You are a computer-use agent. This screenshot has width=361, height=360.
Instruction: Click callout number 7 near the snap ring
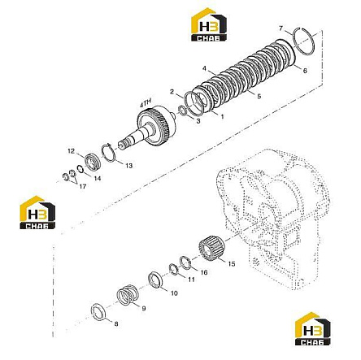pos(281,28)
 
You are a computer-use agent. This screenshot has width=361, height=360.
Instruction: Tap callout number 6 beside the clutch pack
pos(305,71)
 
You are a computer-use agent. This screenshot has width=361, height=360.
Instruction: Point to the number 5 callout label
pos(259,96)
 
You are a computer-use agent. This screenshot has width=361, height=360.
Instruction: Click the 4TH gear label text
pos(146,103)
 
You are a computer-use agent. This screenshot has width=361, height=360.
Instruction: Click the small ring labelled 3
pos(182,111)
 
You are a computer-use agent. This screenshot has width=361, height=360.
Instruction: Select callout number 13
pos(128,165)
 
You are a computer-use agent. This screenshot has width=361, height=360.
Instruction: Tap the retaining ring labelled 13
pos(109,154)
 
